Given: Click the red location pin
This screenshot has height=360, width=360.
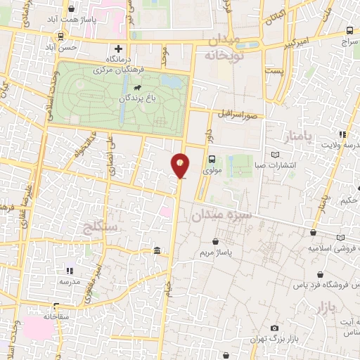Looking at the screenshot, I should pyautogui.click(x=180, y=165).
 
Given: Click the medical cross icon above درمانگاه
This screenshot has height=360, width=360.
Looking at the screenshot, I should pyautogui.click(x=118, y=49).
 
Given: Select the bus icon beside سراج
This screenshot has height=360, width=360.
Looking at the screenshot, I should pyautogui.click(x=350, y=31).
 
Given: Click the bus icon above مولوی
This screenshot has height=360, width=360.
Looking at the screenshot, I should pyautogui.click(x=212, y=159).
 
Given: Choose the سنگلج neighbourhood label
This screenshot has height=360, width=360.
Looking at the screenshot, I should pyautogui.click(x=98, y=227).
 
